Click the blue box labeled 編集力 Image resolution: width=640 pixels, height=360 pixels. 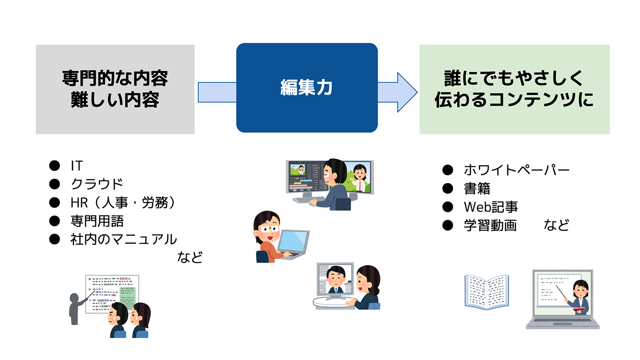pos(307,88)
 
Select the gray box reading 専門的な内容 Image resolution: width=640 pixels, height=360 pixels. pos(115,89)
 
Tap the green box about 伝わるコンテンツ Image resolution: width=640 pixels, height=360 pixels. pos(515,89)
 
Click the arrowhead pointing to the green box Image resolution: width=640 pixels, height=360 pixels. pos(406,92)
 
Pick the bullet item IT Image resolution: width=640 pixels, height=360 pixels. pos(77,165)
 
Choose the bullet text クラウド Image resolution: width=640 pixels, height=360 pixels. pos(97,184)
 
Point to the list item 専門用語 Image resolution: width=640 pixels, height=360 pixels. pos(97,221)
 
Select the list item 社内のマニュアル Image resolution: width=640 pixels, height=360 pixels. pos(123,239)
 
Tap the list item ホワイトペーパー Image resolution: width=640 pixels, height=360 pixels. pos(517,170)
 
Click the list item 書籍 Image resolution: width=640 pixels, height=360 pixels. pos(477,189)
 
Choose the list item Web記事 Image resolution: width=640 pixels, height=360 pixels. pos(491,207)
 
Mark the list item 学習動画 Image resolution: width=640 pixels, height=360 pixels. pos(490,225)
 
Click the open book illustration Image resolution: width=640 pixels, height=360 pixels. pos(487,292)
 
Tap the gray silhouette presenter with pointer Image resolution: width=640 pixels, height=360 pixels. pos(75,308)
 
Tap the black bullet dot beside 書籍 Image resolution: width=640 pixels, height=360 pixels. pos(448,189)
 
